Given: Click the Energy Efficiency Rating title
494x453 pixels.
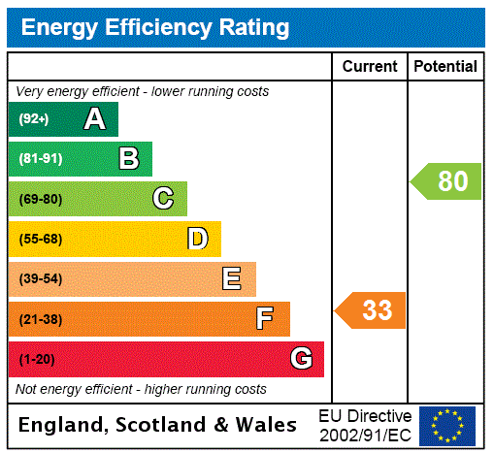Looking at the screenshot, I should click(155, 27).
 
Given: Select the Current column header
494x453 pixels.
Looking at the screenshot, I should click(370, 67).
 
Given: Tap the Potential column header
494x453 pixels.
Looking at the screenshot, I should click(445, 67).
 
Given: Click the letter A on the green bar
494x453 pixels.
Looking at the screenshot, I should click(94, 119).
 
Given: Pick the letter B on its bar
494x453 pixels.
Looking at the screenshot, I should click(128, 159).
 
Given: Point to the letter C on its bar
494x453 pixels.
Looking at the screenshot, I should click(163, 199).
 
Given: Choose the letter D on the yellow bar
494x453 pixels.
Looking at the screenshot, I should click(197, 239).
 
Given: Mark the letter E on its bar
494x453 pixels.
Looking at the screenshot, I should click(232, 279).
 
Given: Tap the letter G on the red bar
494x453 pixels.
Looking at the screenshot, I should click(301, 359).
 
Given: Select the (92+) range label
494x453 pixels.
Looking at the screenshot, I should click(34, 119).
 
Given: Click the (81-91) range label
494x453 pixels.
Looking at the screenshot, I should click(40, 159).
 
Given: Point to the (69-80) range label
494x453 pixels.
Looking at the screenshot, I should click(40, 199).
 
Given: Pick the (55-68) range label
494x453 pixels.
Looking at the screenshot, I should click(40, 239).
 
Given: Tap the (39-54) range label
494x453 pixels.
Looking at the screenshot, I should click(40, 279).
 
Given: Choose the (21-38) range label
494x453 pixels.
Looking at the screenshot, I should click(40, 319).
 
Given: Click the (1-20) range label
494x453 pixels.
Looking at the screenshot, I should click(37, 359).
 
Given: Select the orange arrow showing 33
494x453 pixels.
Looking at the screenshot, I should click(372, 310).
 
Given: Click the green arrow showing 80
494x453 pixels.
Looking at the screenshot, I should click(447, 181).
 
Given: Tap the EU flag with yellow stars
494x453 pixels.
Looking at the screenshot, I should click(447, 425).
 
